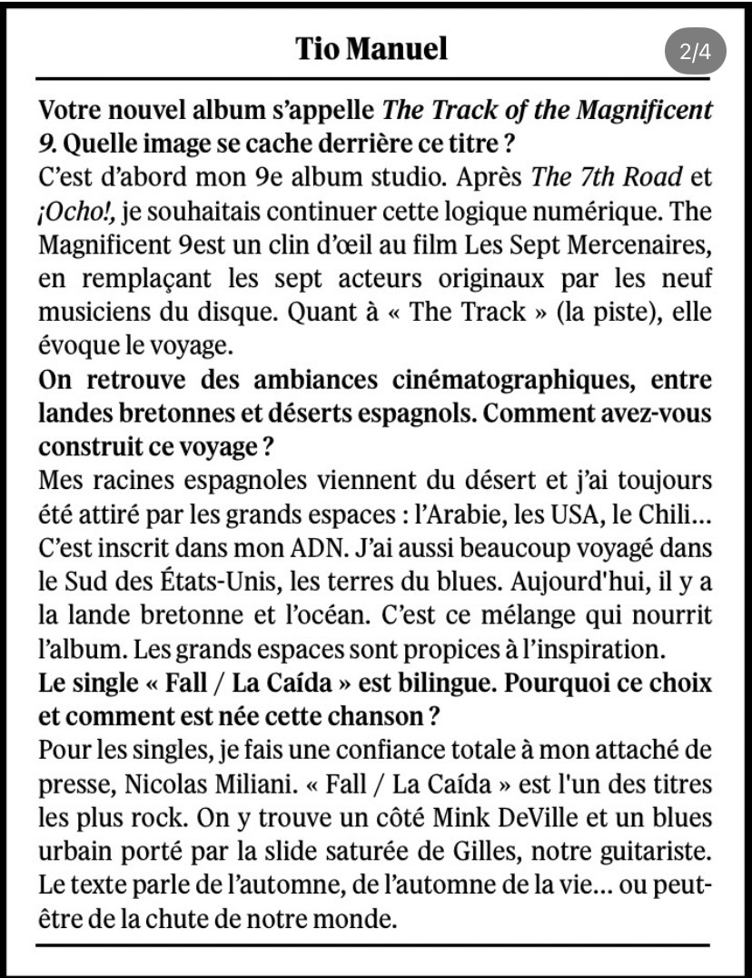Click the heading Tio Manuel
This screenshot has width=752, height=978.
pos(371,48)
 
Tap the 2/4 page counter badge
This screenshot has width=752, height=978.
pos(695,52)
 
